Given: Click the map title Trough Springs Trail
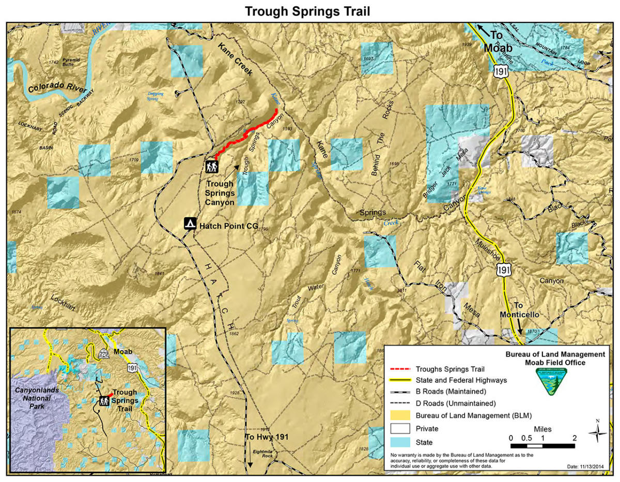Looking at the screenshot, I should tap(307, 11).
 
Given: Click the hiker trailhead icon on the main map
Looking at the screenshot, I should tap(212, 166).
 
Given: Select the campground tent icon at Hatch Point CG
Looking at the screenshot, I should tap(190, 224).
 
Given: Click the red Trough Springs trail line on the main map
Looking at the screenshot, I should tap(243, 136).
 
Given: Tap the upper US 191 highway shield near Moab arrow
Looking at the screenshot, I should tap(500, 71).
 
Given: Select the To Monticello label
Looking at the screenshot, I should tap(519, 310).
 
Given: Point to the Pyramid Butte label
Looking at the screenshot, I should tap(71, 63).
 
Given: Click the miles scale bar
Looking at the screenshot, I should tap(542, 445).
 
